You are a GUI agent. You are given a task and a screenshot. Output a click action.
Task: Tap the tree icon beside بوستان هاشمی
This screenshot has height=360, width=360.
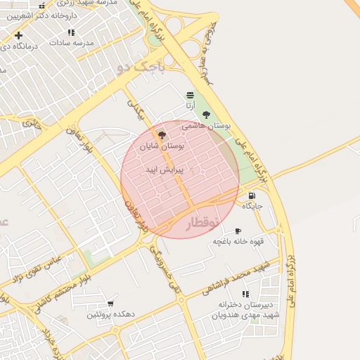tap(206, 115)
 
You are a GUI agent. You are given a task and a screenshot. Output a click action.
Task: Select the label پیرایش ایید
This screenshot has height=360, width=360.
tap(164, 170)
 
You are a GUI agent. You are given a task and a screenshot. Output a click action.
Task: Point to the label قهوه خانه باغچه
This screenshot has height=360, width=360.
tap(239, 241)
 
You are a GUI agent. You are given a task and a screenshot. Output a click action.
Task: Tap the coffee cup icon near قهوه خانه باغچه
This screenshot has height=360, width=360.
tap(237, 231)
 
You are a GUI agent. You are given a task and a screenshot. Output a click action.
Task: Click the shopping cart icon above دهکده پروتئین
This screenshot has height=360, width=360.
tap(110, 304)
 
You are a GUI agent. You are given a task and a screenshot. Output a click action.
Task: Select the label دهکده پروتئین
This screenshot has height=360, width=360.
tap(109, 314)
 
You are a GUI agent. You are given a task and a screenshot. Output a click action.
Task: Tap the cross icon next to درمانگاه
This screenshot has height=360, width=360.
tap(18, 35)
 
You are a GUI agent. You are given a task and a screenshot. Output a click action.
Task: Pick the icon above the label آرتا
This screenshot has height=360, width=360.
tap(190, 95)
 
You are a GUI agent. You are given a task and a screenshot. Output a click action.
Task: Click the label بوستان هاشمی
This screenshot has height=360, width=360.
tap(206, 126)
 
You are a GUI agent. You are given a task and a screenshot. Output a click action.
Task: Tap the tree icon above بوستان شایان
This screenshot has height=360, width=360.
tap(162, 135)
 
